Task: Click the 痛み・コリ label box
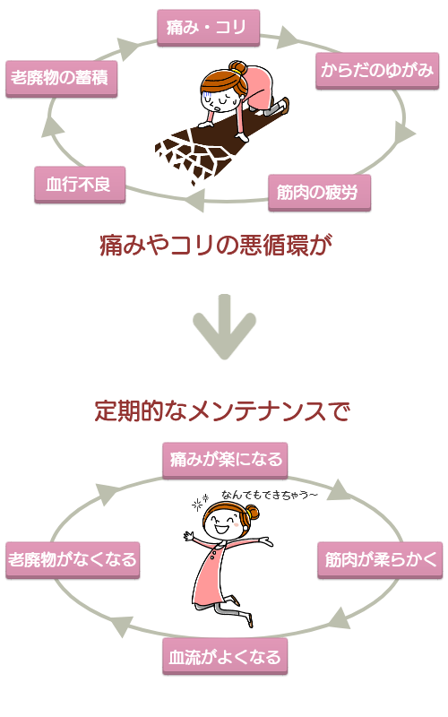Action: tap(208, 28)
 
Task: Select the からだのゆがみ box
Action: tap(377, 70)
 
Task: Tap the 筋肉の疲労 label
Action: tap(319, 192)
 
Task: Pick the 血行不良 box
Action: tap(80, 185)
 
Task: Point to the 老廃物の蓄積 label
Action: tap(61, 78)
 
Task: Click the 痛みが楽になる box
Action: tap(225, 460)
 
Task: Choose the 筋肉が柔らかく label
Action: tap(381, 560)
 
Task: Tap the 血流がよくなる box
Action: tap(225, 657)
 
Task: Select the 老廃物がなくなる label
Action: tap(73, 560)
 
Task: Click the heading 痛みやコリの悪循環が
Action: tap(215, 246)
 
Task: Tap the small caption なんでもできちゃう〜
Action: tap(270, 494)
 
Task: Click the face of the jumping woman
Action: tap(220, 525)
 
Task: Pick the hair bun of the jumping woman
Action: tap(253, 513)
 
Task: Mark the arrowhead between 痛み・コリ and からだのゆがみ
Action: tap(289, 38)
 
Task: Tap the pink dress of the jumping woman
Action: tap(213, 574)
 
